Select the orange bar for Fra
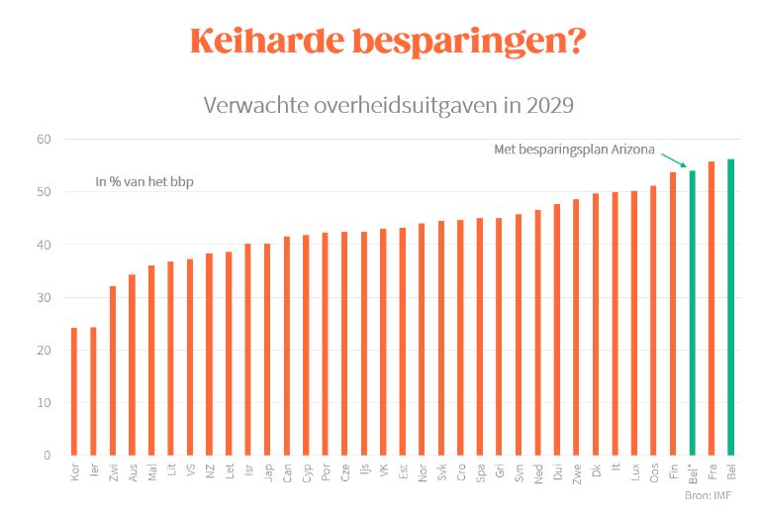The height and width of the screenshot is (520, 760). (712, 308)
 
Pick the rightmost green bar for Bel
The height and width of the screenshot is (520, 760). (731, 307)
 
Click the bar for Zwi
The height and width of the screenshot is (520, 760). (113, 370)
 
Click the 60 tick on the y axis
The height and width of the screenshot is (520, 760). (44, 140)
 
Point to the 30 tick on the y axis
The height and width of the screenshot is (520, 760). (44, 298)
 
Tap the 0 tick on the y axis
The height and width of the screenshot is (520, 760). (47, 456)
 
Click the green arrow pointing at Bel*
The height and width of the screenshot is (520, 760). (674, 160)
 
